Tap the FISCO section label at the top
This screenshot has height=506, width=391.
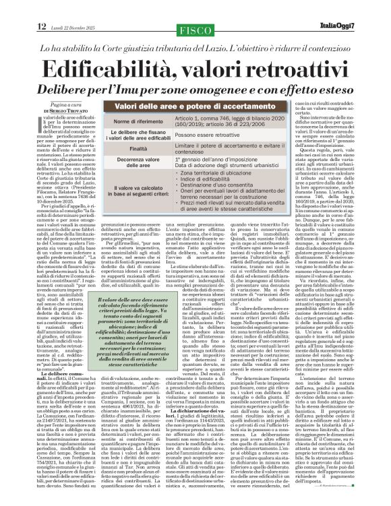coord(195,10)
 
